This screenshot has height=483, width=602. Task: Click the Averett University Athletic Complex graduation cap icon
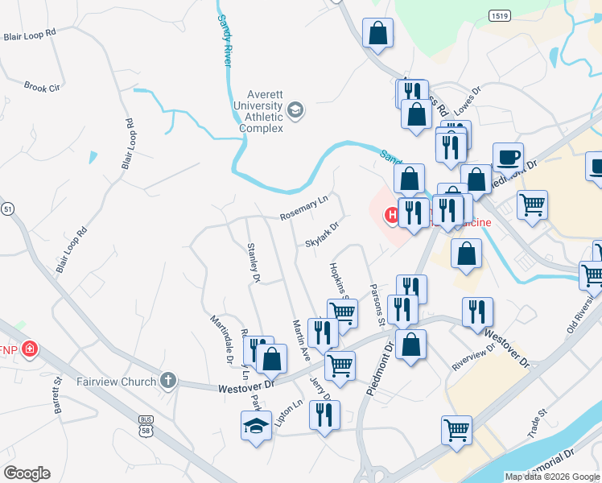coord(295,110)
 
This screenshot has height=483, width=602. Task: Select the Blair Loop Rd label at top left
coord(29,35)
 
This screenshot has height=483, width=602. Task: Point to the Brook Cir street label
coord(43,87)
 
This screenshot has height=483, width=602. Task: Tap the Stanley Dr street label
coord(254,262)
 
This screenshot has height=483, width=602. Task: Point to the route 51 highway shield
coord(7,209)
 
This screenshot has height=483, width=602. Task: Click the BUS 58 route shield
coord(146,425)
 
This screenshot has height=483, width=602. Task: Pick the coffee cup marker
coord(507,155)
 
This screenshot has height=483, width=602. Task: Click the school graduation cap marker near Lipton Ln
coord(257,424)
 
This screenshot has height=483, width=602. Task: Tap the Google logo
coord(27,473)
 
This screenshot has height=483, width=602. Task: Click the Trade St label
coord(538,423)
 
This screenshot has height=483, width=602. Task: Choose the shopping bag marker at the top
coord(377,33)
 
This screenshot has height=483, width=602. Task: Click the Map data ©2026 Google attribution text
coord(551,477)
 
